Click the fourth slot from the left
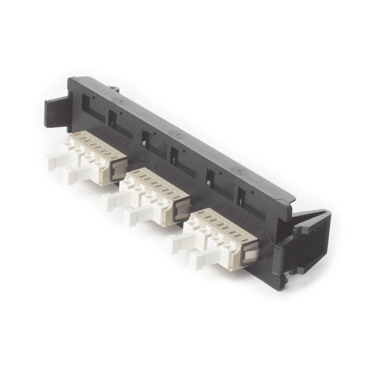(x=174, y=156)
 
